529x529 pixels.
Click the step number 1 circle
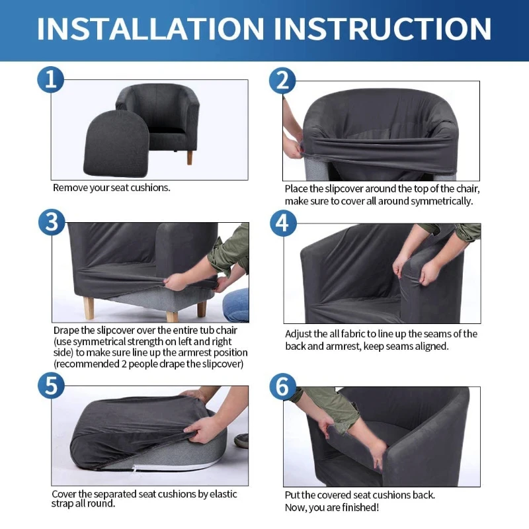(x=51, y=80)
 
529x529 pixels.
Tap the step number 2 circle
(x=282, y=80)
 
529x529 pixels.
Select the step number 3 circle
(x=51, y=222)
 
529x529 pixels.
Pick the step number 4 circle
(x=282, y=222)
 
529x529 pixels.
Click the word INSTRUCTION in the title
(x=383, y=29)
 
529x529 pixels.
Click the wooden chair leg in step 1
(x=190, y=157)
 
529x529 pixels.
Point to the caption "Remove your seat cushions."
(x=111, y=188)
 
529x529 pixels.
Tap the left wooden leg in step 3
(x=88, y=307)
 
